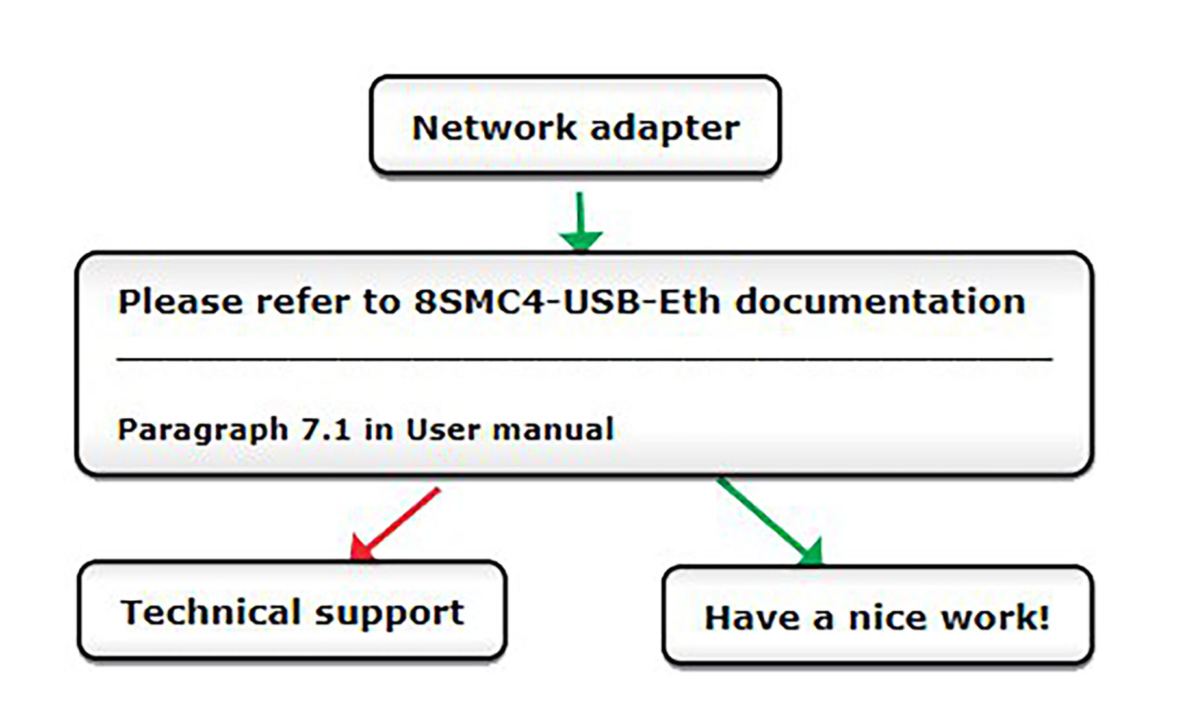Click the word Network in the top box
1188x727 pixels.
tap(494, 127)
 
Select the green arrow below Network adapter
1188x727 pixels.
tap(580, 221)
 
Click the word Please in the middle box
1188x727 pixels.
tap(180, 302)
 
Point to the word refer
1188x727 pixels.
tap(303, 302)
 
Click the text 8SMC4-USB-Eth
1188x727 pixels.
tap(567, 302)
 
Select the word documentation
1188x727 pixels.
tap(880, 302)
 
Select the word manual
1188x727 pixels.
tap(552, 429)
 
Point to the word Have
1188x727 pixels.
tap(752, 617)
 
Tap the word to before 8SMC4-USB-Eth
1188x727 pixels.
tap(381, 302)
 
